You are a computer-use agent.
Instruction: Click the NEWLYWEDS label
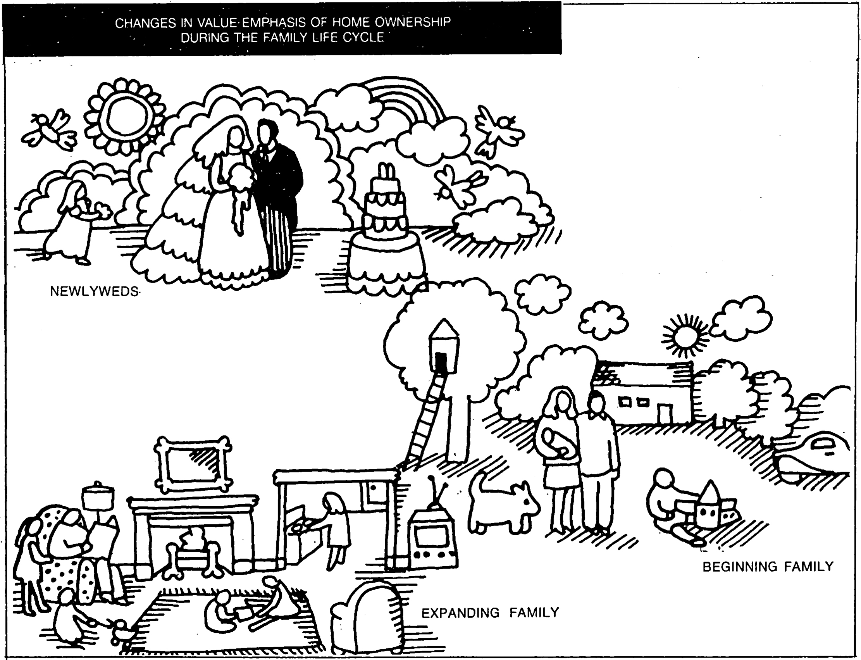[x=94, y=291]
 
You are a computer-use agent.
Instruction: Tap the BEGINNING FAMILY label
[x=768, y=567]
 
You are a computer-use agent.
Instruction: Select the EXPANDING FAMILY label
[x=490, y=612]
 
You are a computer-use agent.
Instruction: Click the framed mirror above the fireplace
[x=193, y=464]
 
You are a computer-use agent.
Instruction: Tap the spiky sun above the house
[x=685, y=336]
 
